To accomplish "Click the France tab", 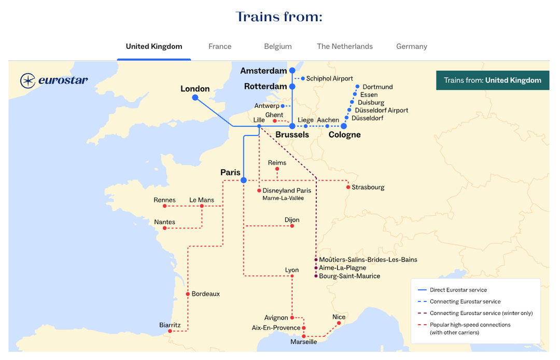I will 220,46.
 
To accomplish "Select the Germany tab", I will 412,46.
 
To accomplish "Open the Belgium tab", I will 278,46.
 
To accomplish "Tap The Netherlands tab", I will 345,46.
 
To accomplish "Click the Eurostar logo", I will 54,80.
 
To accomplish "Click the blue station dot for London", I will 195,98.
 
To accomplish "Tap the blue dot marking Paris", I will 243,180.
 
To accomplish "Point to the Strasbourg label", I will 368,187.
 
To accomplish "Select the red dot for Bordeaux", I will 188,294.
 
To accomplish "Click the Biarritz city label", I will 170,325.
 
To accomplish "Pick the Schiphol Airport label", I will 329,78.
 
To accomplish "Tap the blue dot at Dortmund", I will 357,87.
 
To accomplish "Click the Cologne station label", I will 344,135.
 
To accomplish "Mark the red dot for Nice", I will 339,323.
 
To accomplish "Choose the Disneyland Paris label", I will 287,191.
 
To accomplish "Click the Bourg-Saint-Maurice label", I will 349,276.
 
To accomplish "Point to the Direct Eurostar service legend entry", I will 458,290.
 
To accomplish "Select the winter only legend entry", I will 481,313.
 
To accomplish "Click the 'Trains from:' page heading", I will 279,17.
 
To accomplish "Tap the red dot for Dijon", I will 292,226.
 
